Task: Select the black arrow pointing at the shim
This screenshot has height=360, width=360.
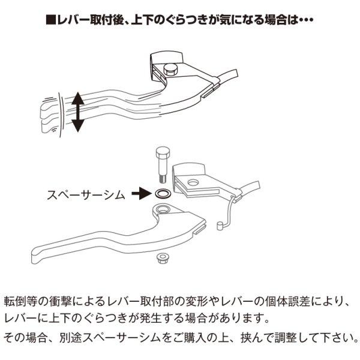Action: click(140, 194)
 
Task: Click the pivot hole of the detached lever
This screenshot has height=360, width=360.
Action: click(162, 211)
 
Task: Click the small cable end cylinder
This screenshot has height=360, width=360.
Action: click(220, 226)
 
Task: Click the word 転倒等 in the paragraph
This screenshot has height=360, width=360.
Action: click(22, 299)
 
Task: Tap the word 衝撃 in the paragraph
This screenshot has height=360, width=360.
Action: click(67, 299)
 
